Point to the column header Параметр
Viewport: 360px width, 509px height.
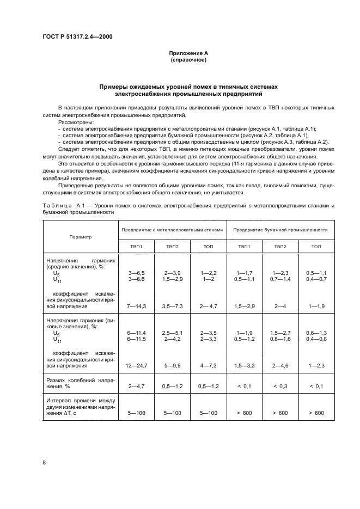click(x=81, y=237)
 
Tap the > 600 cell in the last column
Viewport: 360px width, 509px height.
click(x=316, y=413)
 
